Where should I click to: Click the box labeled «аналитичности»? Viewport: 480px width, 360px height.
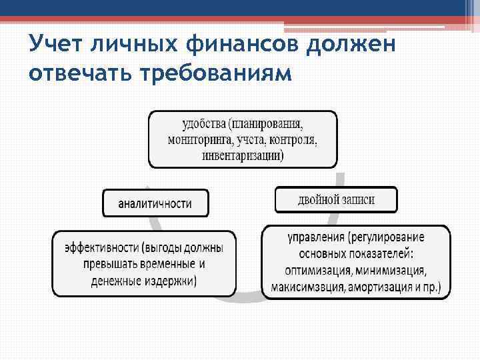pos(155,203)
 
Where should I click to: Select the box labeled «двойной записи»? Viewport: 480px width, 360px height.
pos(335,199)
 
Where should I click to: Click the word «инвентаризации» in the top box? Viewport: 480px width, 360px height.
pos(242,157)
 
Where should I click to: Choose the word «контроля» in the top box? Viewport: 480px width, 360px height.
pos(291,141)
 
